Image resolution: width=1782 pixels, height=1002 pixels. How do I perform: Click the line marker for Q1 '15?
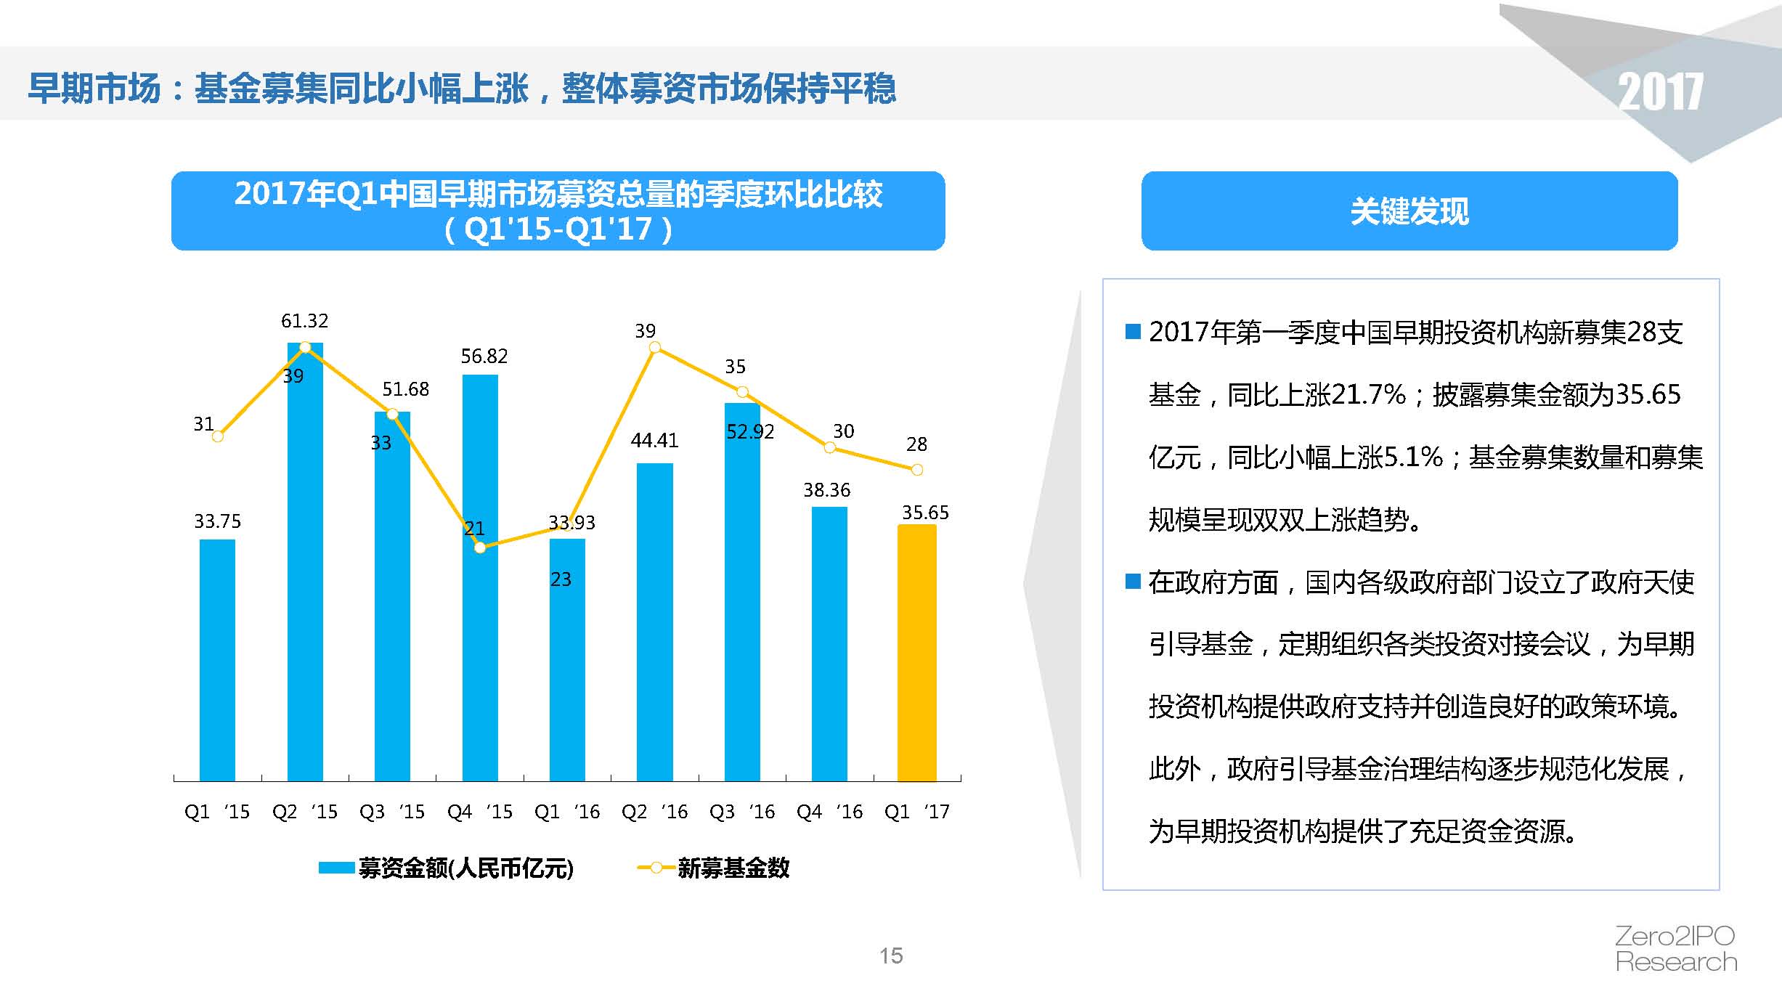pyautogui.click(x=217, y=436)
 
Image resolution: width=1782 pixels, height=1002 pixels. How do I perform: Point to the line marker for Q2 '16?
pyautogui.click(x=654, y=348)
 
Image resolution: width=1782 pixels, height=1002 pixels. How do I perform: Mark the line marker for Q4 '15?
pyautogui.click(x=480, y=547)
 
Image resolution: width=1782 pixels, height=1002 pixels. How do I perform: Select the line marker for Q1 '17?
pyautogui.click(x=917, y=470)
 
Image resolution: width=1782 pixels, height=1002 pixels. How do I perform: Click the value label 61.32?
pyautogui.click(x=304, y=321)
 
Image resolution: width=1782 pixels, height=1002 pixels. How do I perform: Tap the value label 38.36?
pyautogui.click(x=826, y=490)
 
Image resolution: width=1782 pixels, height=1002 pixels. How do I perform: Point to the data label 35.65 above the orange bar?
pyautogui.click(x=925, y=513)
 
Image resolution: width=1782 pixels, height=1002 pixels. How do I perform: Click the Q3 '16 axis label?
pyautogui.click(x=742, y=812)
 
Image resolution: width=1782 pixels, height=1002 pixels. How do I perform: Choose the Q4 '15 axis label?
pyautogui.click(x=480, y=812)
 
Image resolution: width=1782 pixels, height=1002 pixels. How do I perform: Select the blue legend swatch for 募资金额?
pyautogui.click(x=336, y=868)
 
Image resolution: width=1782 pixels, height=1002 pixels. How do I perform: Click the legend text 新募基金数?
pyautogui.click(x=733, y=868)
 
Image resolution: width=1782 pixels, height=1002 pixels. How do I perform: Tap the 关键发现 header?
pyautogui.click(x=1409, y=211)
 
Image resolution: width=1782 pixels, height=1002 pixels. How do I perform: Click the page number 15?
pyautogui.click(x=891, y=956)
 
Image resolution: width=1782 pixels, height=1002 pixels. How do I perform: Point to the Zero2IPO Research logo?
pyautogui.click(x=1675, y=948)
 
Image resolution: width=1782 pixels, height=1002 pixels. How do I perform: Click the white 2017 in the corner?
pyautogui.click(x=1660, y=92)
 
